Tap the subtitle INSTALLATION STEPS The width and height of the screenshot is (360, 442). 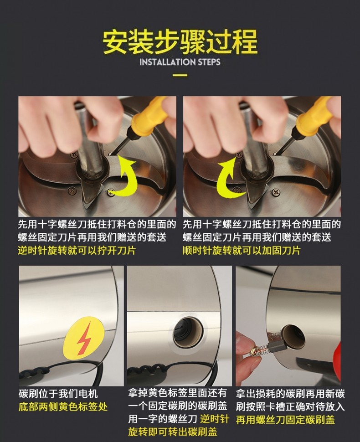180,62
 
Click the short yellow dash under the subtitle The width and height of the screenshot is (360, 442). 180,75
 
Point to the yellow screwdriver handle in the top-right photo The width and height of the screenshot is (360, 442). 315,115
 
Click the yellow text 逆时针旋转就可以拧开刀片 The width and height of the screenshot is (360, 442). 77,250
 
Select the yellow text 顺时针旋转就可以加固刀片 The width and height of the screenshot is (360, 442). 242,250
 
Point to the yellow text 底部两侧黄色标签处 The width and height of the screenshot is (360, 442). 63,407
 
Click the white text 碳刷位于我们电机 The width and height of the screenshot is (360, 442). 58,394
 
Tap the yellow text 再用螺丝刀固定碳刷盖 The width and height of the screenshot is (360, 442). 285,420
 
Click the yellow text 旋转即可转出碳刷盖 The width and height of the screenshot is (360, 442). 173,432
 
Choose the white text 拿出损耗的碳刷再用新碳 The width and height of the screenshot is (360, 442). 290,394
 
